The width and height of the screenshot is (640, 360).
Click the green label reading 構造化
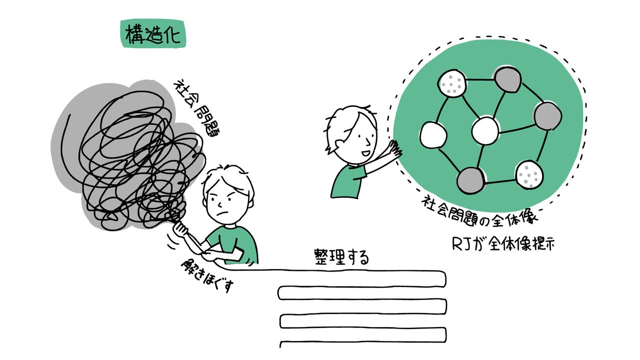153,34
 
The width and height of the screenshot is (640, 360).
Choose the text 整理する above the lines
341,257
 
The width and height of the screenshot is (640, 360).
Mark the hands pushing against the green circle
395,149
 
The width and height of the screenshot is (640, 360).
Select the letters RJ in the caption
459,244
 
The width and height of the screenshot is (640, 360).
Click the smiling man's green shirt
347,179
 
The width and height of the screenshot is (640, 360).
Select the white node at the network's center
485,131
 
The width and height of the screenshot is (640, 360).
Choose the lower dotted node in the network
529,174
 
